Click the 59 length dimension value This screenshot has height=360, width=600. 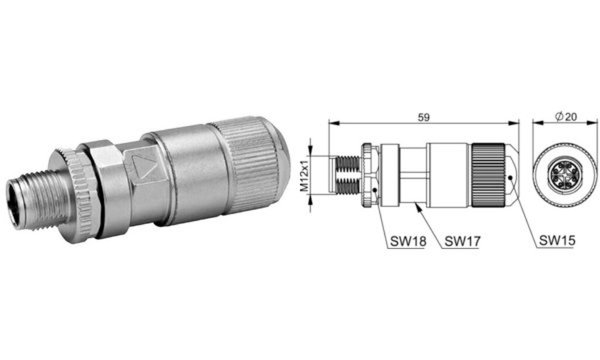424,118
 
